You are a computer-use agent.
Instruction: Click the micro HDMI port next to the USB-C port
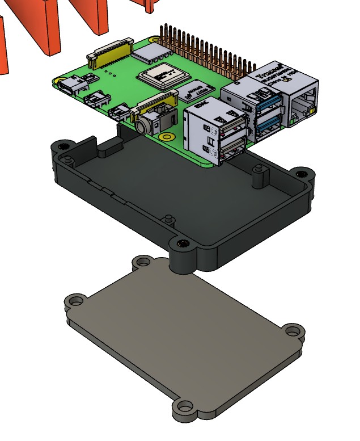click(95, 100)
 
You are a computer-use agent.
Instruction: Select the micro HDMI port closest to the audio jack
click(120, 111)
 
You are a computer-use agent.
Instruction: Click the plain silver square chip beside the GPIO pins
click(154, 53)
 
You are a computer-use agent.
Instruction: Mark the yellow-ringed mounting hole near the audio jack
click(166, 137)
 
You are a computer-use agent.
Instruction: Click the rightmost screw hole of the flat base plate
click(292, 330)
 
